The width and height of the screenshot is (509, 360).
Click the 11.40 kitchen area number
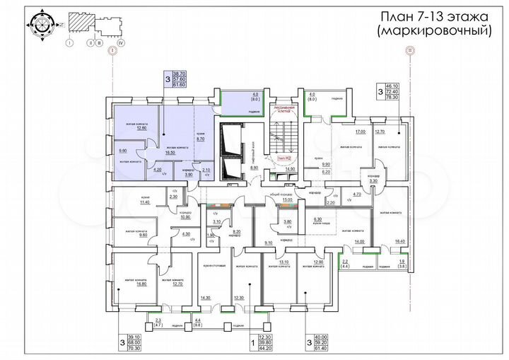pyautogui.click(x=146, y=202)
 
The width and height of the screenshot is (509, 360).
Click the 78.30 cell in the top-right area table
pyautogui.click(x=392, y=98)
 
